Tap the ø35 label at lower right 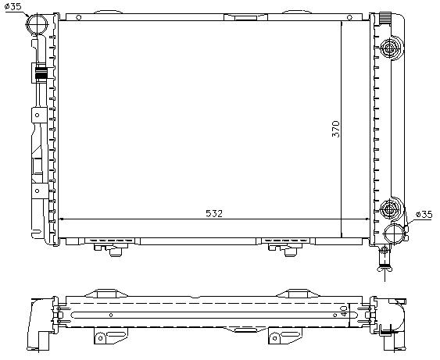point(424,213)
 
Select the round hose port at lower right point(395,232)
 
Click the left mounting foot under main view point(111,248)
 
